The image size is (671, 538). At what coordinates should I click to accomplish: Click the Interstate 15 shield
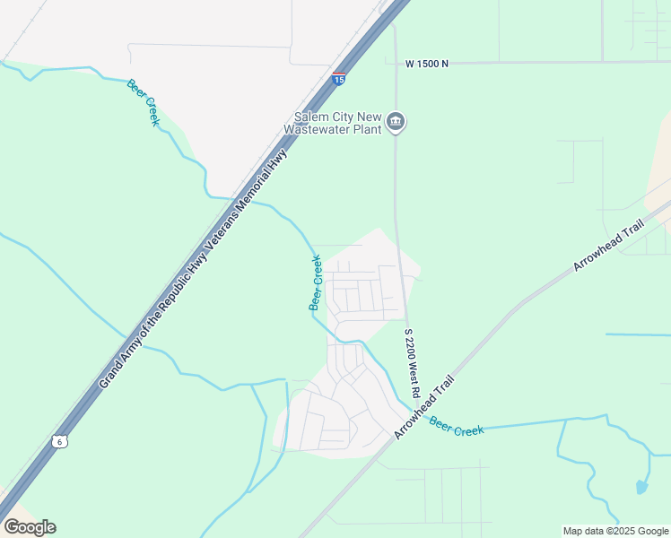coord(338,79)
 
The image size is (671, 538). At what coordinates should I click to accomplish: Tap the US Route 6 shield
coord(58,441)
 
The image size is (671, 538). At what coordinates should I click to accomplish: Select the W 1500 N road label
coord(427,64)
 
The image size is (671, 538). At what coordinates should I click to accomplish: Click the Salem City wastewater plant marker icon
coord(396,122)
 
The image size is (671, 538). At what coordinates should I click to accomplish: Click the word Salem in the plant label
coord(313,117)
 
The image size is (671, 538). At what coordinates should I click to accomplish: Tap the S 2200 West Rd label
coord(412,362)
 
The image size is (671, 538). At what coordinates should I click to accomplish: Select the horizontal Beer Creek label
coord(457,426)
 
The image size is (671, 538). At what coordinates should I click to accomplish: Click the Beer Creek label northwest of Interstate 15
coord(142,102)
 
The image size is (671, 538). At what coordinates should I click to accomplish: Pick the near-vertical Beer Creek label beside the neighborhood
coord(316,283)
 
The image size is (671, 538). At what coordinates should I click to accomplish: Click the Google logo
coord(30,526)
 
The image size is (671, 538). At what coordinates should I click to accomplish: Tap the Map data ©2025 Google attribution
coord(615,531)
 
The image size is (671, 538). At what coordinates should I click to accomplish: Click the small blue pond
coord(641,488)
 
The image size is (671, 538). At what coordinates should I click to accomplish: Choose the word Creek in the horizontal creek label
coord(468,430)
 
